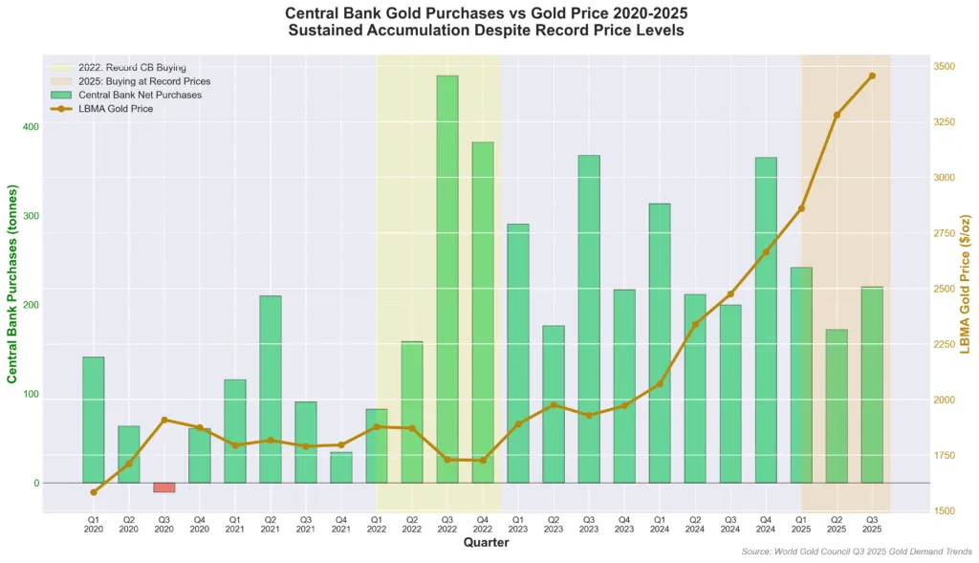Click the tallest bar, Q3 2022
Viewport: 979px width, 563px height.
click(x=447, y=277)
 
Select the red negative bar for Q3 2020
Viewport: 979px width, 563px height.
click(x=164, y=487)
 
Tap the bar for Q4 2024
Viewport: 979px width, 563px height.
click(x=766, y=320)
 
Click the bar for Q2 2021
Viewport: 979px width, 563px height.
click(x=271, y=389)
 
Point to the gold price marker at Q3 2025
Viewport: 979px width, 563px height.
click(x=872, y=76)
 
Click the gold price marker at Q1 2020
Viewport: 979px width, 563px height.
click(x=94, y=492)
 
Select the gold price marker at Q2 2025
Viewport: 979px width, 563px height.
click(x=837, y=115)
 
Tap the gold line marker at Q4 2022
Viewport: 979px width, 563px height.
click(x=483, y=461)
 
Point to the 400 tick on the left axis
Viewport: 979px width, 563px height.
click(x=31, y=127)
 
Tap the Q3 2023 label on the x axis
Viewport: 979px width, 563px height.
click(x=589, y=525)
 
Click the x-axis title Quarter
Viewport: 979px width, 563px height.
click(x=486, y=543)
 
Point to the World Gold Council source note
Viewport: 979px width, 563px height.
click(x=857, y=552)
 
